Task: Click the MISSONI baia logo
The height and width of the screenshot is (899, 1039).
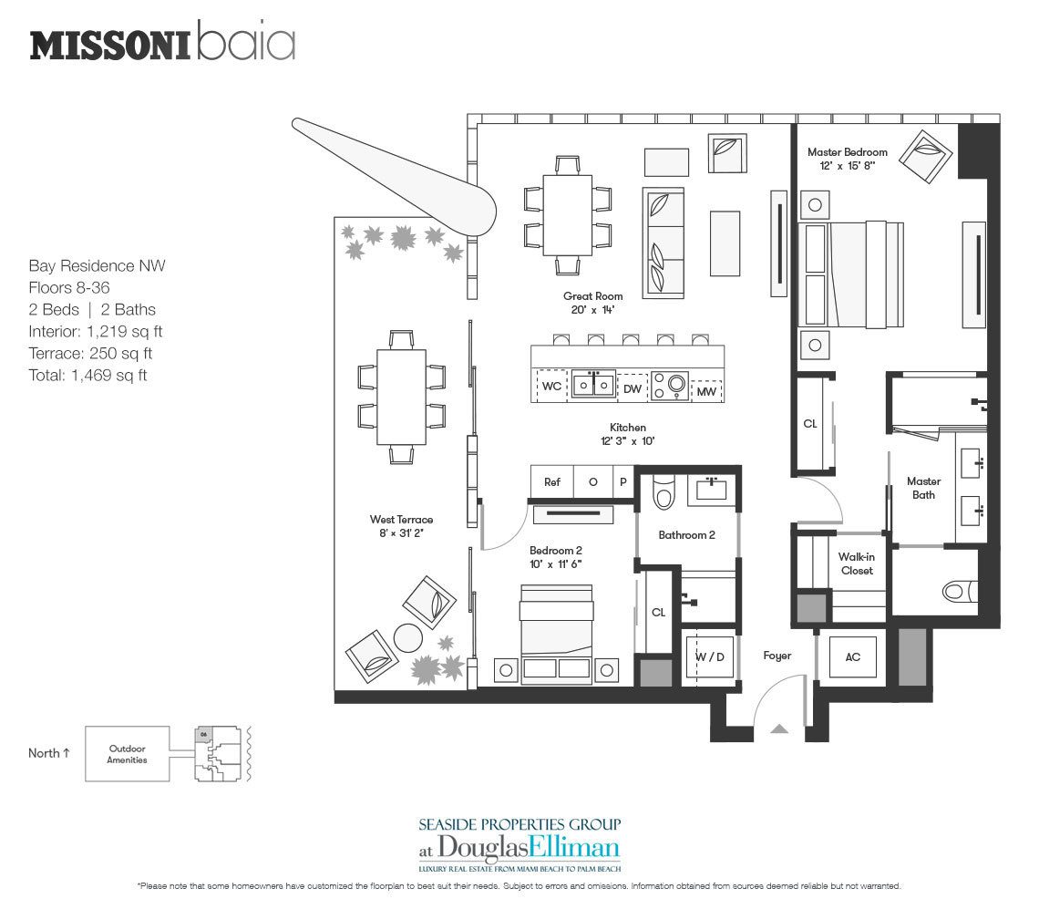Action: [162, 42]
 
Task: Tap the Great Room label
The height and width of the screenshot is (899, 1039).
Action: [593, 296]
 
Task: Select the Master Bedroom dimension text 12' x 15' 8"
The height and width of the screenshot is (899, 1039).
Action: [848, 166]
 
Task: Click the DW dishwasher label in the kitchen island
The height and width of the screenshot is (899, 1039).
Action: [633, 389]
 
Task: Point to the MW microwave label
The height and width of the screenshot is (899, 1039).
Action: [706, 391]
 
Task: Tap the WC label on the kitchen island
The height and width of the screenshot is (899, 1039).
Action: [552, 386]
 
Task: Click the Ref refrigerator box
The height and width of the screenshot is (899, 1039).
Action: [552, 482]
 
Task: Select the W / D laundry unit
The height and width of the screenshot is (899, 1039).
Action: [710, 657]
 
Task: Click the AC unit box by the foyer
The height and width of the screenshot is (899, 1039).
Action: [853, 657]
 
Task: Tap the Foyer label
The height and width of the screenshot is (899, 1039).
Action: [777, 656]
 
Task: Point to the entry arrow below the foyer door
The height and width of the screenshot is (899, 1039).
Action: [780, 728]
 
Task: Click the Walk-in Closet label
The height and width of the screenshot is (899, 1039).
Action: [857, 563]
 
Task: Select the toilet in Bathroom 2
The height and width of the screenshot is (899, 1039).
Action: [664, 491]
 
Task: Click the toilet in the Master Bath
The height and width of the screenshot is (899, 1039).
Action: [960, 592]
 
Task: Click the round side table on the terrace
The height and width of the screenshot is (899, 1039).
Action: [408, 638]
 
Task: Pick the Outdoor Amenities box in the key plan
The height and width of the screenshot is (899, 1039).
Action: [128, 754]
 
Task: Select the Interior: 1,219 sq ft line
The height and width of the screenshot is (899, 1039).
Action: [96, 332]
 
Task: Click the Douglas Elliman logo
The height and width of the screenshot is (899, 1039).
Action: [519, 848]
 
